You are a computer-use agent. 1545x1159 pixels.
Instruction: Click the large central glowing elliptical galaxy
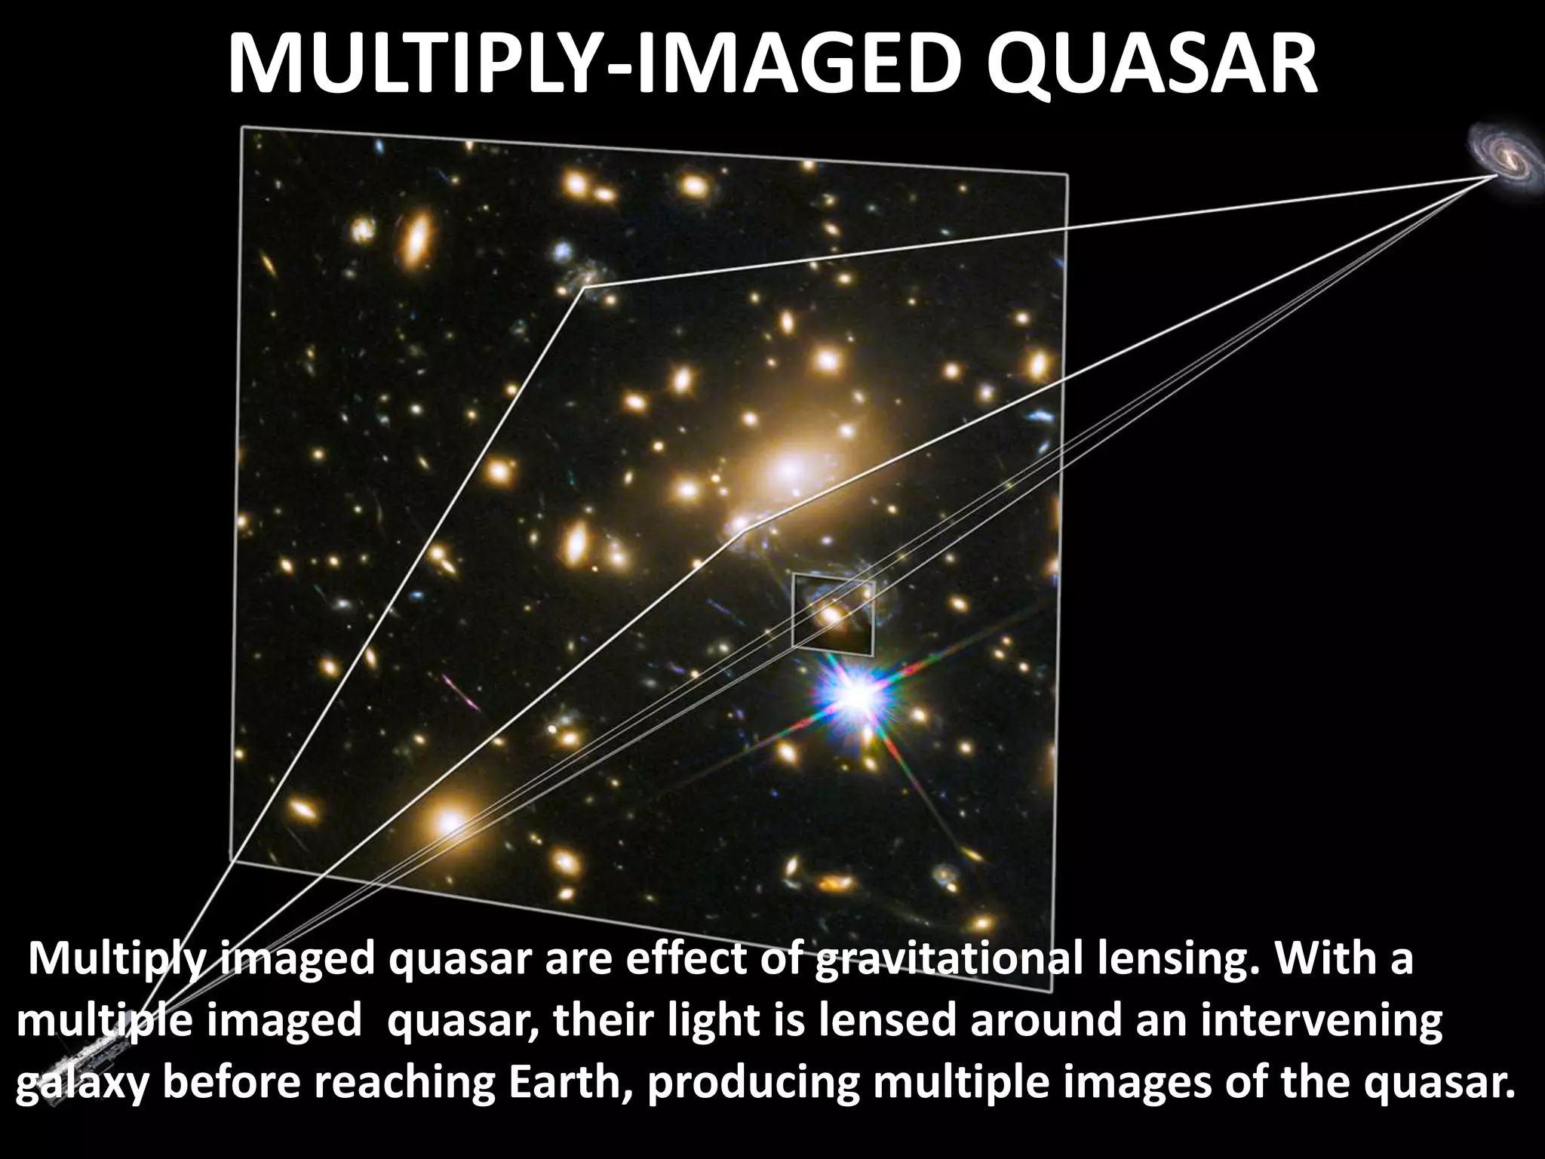788,469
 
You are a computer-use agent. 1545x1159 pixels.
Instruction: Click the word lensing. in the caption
1177,960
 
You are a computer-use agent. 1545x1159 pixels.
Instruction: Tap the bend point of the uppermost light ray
585,286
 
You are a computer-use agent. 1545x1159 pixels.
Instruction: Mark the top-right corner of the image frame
1067,175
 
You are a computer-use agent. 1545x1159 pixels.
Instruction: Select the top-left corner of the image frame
242,127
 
